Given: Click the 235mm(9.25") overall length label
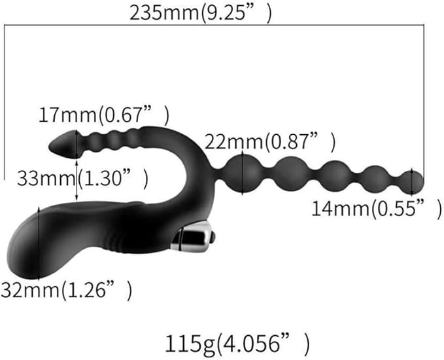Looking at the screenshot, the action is click(x=200, y=13).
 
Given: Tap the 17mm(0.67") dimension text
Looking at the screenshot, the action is click(x=103, y=115).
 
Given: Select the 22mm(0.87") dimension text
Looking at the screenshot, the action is click(x=270, y=141).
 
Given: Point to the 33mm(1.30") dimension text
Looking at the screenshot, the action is click(x=82, y=179).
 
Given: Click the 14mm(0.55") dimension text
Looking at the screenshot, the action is click(x=377, y=209).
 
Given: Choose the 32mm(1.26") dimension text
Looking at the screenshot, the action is click(x=66, y=290).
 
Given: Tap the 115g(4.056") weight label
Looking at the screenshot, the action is click(x=237, y=344).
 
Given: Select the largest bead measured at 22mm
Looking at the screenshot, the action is click(x=243, y=173).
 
